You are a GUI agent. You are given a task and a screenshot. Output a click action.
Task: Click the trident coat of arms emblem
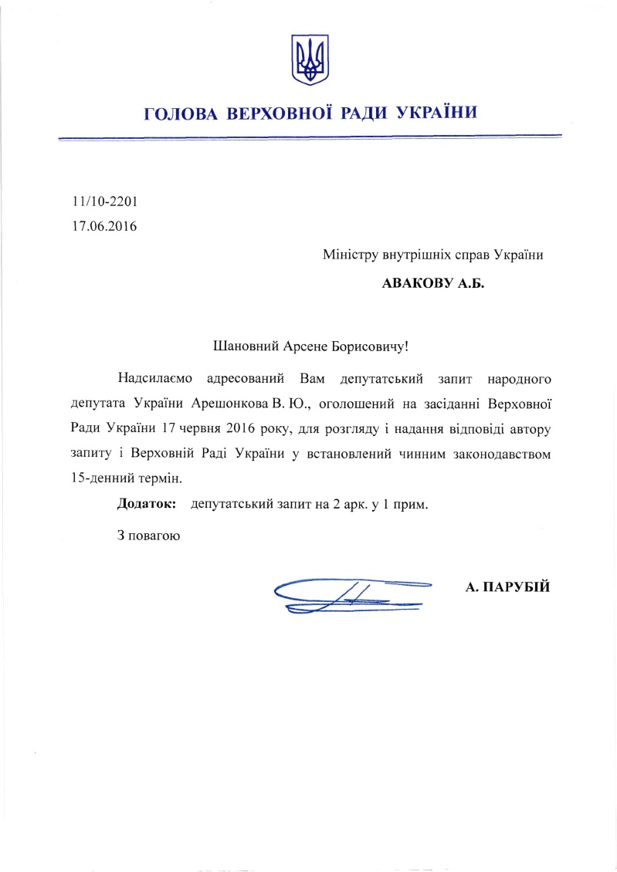click(x=309, y=59)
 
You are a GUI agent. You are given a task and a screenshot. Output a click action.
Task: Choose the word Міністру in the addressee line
click(x=351, y=255)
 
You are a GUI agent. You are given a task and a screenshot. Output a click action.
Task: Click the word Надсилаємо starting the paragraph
click(x=154, y=378)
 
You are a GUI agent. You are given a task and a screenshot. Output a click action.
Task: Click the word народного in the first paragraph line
click(x=520, y=378)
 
